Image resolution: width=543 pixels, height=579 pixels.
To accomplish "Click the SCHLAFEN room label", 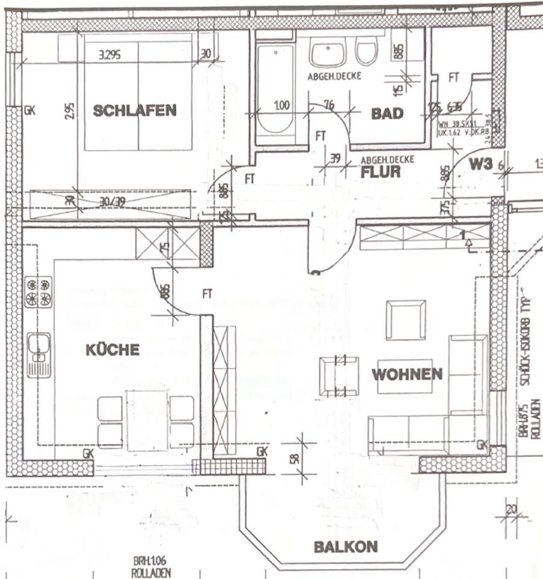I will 134,110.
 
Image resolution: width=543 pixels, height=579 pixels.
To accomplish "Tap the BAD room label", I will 386,113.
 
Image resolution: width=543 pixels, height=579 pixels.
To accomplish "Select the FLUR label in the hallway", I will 381,171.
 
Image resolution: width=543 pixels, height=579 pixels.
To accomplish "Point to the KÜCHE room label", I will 112,350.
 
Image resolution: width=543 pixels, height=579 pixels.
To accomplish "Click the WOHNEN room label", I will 407,374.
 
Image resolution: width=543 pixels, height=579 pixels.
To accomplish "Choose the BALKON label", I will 345,547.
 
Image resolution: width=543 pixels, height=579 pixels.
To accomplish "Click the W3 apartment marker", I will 482,163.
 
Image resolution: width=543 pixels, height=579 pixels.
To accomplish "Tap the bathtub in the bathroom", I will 274,90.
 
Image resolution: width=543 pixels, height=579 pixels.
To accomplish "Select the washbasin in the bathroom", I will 328,53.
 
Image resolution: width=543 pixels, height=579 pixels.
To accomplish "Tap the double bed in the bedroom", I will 138,92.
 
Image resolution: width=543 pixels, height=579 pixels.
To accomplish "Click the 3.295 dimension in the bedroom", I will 109,54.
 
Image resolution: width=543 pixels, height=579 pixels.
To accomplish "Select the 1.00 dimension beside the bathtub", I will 281,105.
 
